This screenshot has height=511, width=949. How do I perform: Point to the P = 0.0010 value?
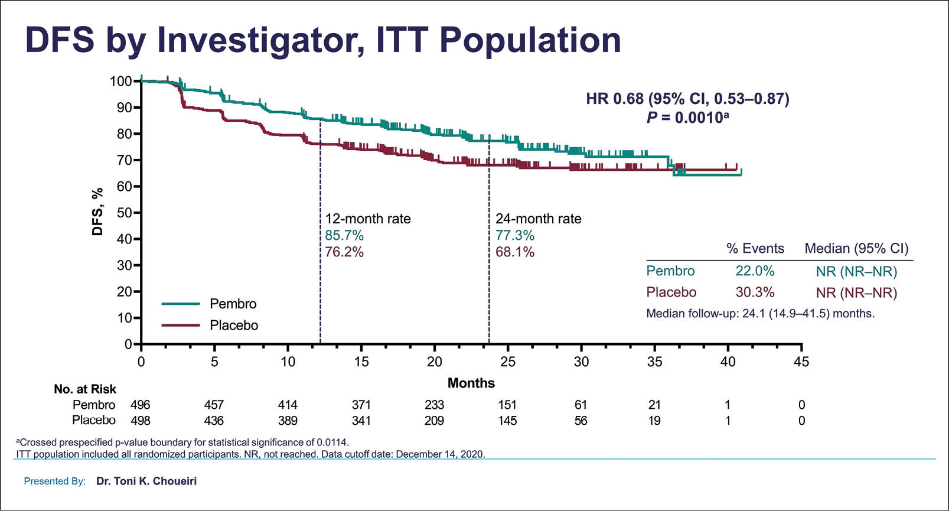pos(687,118)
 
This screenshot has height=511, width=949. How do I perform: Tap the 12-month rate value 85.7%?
pos(344,236)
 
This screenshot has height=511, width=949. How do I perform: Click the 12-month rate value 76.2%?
pos(344,252)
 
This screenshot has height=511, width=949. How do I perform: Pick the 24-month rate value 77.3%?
pos(515,236)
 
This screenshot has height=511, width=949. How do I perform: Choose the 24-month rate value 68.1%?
pos(515,252)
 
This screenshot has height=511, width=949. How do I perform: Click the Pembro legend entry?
pos(233,304)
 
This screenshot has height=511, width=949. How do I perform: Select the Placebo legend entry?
pos(234,326)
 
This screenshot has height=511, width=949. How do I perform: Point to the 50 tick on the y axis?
pos(124,213)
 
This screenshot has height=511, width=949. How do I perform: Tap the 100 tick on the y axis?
pos(120,81)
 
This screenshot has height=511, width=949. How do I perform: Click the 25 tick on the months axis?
pos(508,362)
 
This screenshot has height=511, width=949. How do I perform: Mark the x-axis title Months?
pos(471,383)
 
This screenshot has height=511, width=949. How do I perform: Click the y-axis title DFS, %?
pos(98,211)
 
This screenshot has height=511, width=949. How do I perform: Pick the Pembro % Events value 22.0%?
pos(755,271)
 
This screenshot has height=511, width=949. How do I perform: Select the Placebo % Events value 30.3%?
pos(755,292)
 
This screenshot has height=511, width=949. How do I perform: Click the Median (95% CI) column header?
pos(856,248)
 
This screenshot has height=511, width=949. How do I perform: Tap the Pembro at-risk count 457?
pos(214,405)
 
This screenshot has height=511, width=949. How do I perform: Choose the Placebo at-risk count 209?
pos(434,421)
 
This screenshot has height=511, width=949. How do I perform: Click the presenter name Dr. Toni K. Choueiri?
pos(146,481)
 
